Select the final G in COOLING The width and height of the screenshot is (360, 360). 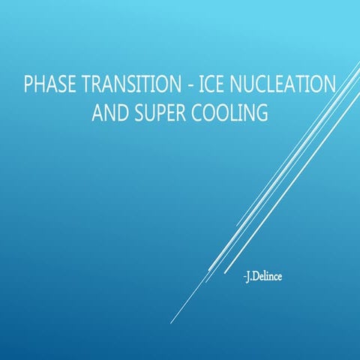[262, 113]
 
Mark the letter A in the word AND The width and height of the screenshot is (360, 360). [96, 113]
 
